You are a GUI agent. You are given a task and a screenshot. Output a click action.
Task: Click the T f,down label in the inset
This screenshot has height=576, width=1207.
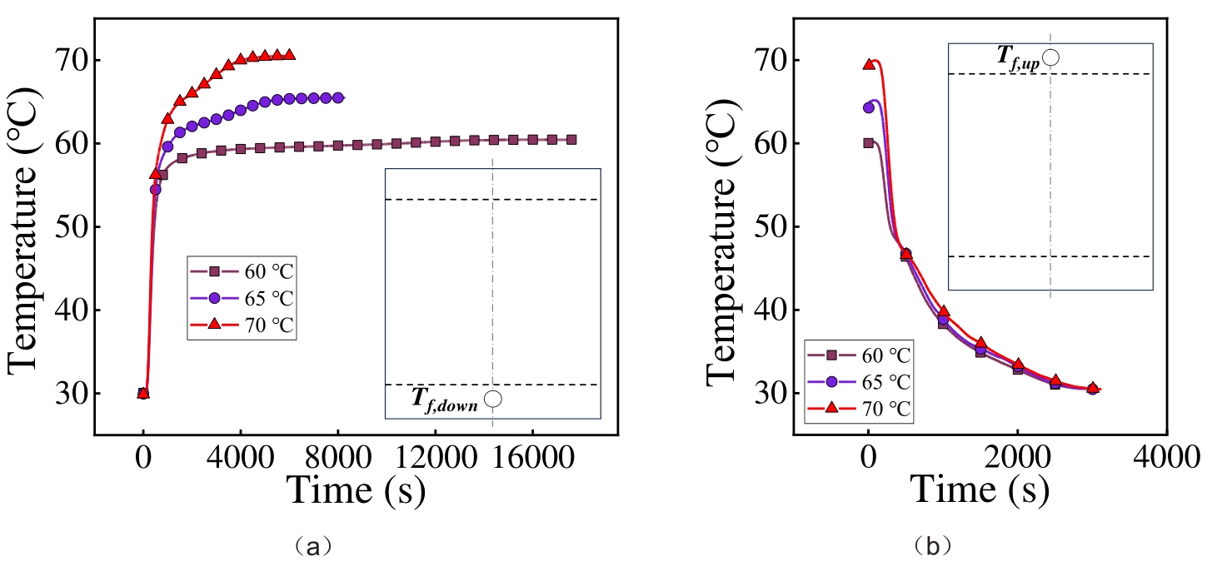[x=444, y=400]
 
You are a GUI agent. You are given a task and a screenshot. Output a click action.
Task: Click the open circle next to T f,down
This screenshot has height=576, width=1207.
[x=493, y=399]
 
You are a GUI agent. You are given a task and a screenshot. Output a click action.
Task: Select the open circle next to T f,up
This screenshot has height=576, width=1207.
[x=1051, y=57]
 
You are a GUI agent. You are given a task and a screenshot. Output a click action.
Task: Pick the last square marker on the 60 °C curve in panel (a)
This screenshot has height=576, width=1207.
[x=571, y=139]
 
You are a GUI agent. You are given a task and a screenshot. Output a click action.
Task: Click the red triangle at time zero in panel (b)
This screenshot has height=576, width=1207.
[x=869, y=64]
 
